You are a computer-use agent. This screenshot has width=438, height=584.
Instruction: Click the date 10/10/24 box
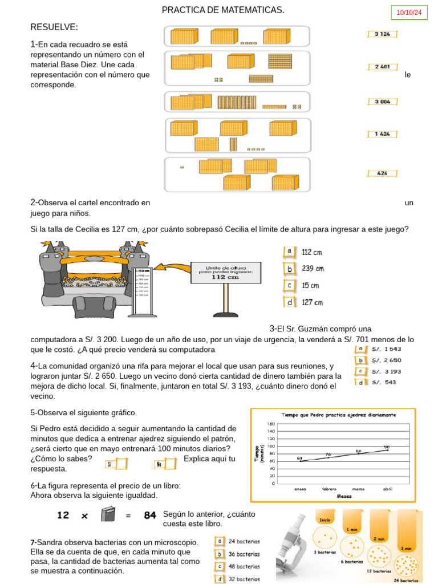[408, 13]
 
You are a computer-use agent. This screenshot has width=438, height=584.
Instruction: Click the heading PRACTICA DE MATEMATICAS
[223, 10]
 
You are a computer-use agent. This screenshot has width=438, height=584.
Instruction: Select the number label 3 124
[382, 34]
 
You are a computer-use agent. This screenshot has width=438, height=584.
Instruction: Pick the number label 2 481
[382, 67]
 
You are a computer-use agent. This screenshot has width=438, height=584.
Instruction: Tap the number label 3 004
[382, 102]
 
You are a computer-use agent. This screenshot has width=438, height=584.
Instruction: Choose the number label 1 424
[382, 134]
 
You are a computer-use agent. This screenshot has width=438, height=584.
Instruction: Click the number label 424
[382, 173]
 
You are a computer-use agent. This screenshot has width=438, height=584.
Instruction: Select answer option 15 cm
[310, 285]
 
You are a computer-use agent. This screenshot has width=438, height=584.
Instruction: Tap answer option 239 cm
[313, 269]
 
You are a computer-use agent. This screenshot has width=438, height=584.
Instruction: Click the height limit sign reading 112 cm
[226, 273]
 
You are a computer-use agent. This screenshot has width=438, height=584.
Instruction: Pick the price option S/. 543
[384, 382]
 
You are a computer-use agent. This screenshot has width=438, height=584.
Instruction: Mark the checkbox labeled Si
[121, 464]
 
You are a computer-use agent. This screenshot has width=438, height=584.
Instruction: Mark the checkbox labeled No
[169, 464]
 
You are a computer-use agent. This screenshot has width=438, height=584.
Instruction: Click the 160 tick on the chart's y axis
[271, 424]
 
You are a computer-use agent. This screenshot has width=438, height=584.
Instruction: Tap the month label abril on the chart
[388, 489]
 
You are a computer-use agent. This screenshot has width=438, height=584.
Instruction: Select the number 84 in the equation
[150, 515]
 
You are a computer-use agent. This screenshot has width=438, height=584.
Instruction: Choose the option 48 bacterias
[244, 566]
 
